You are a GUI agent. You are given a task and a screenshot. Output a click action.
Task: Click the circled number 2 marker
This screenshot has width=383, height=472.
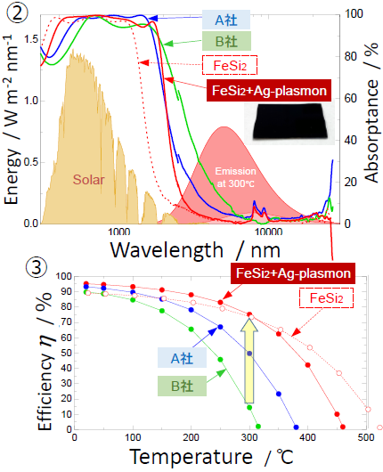pos(17,12)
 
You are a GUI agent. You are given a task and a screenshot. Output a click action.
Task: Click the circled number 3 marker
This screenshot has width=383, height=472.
pos(37,266)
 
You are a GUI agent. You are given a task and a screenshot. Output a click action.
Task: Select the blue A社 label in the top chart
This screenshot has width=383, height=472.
pos(226,20)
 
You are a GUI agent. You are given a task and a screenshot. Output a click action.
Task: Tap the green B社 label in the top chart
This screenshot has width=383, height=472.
pos(226,41)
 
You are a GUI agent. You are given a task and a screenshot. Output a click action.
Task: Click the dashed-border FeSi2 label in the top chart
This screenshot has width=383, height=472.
pos(230,65)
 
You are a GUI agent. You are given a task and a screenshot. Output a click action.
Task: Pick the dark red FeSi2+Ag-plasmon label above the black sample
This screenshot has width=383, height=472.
pos(269,91)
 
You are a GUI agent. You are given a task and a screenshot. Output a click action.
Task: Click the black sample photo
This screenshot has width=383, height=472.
pos(289,122)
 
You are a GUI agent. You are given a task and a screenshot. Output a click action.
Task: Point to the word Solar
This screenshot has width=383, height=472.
pos(88,179)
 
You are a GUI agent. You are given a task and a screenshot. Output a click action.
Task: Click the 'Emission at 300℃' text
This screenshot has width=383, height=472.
pos(235,177)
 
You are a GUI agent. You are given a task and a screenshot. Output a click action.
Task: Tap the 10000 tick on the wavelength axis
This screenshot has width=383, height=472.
pos(269,232)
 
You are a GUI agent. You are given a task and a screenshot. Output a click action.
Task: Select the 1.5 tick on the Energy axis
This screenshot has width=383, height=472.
pos(31,39)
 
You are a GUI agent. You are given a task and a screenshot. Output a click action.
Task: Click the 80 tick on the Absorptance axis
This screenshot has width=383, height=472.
pos(351,56)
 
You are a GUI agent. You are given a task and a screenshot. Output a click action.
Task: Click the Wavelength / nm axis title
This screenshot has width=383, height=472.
pos(195,250)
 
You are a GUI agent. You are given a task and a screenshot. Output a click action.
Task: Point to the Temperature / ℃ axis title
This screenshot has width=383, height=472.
pos(212,457)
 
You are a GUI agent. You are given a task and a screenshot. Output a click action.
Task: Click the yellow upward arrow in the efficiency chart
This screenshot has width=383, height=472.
pos(249,362)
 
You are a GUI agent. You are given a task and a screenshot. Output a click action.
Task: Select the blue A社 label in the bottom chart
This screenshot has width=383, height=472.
pos(183,358)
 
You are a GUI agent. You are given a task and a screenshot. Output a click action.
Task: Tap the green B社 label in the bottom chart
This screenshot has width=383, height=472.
pos(183,386)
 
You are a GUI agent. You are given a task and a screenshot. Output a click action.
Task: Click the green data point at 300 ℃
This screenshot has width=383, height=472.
pos(249,407)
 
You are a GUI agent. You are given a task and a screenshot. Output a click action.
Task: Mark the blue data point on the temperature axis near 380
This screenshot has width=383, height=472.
pos(296,427)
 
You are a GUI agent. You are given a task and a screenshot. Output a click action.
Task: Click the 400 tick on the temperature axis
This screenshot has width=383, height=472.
pos(307,437)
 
